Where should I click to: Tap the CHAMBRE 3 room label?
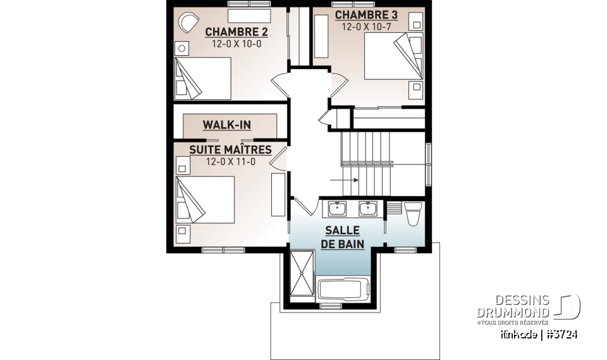click(x=360, y=15)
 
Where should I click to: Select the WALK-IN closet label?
click(x=226, y=125)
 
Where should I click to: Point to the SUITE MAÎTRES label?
click(x=230, y=150)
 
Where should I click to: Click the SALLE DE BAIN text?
click(x=343, y=237)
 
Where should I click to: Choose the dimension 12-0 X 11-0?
click(x=230, y=162)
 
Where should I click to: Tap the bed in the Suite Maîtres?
click(x=205, y=199)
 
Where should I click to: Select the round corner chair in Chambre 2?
click(x=187, y=23)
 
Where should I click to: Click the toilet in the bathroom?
click(x=412, y=213)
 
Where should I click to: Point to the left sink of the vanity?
click(x=337, y=208)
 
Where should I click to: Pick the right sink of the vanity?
click(x=367, y=208)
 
